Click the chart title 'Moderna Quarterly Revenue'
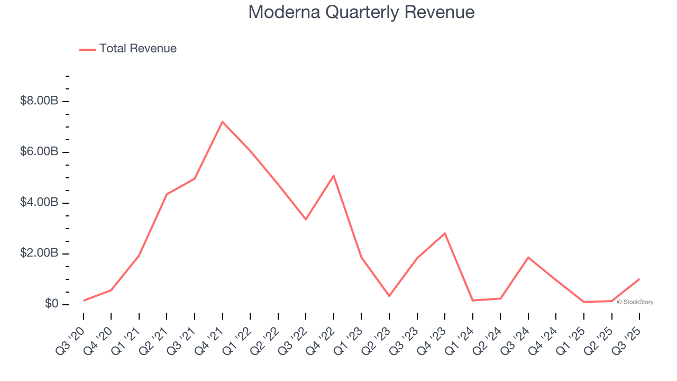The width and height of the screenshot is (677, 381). [361, 12]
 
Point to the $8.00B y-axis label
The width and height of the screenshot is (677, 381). [39, 101]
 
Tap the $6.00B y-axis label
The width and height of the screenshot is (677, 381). [39, 152]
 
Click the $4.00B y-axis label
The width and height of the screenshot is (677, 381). [39, 203]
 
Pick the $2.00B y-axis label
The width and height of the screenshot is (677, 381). [39, 253]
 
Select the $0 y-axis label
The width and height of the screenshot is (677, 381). [51, 304]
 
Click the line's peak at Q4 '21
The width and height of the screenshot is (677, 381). [222, 122]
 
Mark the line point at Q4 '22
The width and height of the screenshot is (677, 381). [334, 175]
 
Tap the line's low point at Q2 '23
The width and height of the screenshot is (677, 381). [389, 296]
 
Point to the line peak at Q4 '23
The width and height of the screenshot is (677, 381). [445, 233]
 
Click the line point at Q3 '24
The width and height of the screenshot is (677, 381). [528, 257]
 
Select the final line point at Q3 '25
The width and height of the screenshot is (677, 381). [639, 279]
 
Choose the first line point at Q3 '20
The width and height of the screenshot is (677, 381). [84, 301]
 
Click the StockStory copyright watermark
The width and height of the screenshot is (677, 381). [635, 302]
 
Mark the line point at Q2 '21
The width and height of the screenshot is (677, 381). [167, 194]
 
